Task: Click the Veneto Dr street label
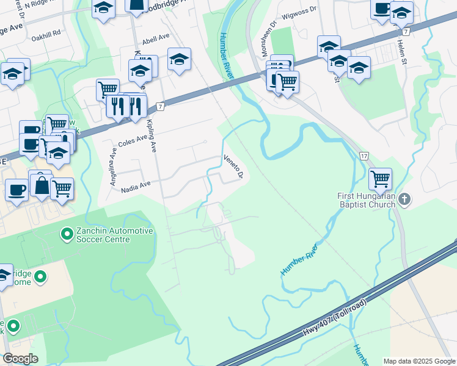click(233, 166)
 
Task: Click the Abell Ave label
click(155, 38)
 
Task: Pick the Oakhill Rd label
click(48, 32)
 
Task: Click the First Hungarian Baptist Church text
click(368, 201)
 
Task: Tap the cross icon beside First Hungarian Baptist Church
click(404, 199)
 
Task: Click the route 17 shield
click(364, 156)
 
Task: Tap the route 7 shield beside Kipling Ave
click(160, 106)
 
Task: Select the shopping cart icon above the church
click(381, 179)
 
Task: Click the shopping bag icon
click(42, 185)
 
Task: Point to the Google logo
click(20, 359)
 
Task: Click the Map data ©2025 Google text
click(419, 361)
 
